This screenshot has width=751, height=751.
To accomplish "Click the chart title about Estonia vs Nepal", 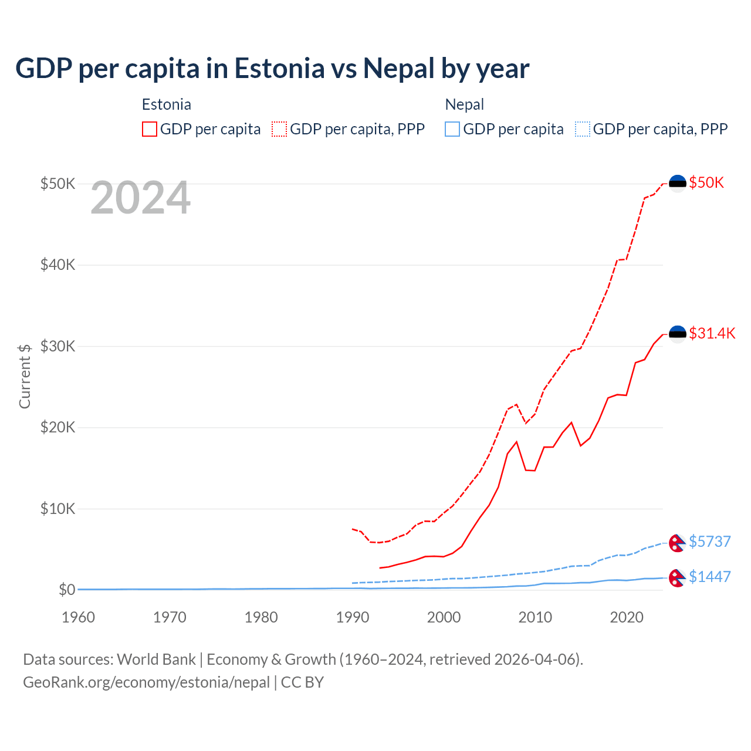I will coord(272,69).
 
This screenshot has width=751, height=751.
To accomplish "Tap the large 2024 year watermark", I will coord(141,198).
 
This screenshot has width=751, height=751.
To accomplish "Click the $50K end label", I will coord(706,183).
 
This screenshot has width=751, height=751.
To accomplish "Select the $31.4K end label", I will coord(712,334).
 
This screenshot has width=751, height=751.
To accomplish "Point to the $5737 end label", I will coord(709,542).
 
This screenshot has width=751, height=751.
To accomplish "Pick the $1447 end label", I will coord(709,577).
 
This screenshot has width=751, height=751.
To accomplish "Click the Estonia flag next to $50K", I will coord(678,183).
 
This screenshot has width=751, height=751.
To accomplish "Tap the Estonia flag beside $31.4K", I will coord(678,334).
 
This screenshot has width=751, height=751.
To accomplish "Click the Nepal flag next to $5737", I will coord(677,543).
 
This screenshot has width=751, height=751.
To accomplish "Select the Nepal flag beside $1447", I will coord(677,578).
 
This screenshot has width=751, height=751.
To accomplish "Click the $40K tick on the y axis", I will coord(57,265).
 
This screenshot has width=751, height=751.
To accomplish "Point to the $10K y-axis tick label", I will coord(57,509).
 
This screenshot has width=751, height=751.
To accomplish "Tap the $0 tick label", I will coord(67,590).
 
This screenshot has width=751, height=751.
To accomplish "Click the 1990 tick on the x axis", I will coord(353,617).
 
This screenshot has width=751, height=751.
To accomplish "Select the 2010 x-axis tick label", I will coord(535,617).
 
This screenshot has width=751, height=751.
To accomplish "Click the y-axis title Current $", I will coord(25,376).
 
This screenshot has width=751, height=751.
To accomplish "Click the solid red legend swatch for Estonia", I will coord(150,129).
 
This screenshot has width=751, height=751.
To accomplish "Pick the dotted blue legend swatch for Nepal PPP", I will coord(583,129).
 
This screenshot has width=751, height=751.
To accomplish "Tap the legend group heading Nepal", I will coord(465,104).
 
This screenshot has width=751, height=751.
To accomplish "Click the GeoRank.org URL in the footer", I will coord(146,682).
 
